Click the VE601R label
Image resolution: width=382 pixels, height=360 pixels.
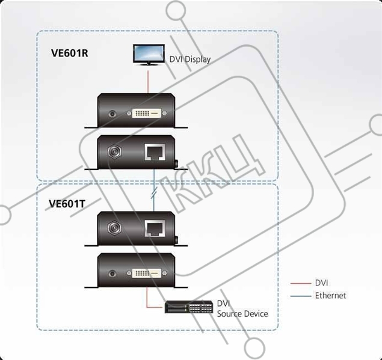coord(69,53)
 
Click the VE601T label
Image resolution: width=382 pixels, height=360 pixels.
coord(67,204)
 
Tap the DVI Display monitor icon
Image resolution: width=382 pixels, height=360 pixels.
coord(149,55)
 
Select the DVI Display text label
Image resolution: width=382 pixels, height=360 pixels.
coord(190,59)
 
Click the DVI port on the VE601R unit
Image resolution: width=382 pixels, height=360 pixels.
coord(146,113)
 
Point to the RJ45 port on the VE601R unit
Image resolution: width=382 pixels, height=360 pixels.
coord(155,151)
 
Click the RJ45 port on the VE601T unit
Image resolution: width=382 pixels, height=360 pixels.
coord(155,228)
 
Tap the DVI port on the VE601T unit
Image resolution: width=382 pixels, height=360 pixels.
coord(146,273)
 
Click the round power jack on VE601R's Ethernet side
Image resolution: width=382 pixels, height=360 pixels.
coord(114,151)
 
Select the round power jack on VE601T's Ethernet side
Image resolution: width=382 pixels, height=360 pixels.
coord(114,228)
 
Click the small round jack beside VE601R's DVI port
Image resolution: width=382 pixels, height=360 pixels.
coord(112,114)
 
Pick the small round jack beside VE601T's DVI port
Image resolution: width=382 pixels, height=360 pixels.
coord(112,273)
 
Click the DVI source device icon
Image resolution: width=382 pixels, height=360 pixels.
coord(188,307)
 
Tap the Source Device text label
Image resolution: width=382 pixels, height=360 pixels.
coord(242,314)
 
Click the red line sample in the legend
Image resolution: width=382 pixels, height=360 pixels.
coord(301,284)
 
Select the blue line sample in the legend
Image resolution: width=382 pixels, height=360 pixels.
coord(301,296)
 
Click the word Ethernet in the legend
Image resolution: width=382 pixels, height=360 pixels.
coord(330,296)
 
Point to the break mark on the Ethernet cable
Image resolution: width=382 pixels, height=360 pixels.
coord(154,192)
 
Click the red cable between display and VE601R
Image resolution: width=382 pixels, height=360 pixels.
coord(148,82)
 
